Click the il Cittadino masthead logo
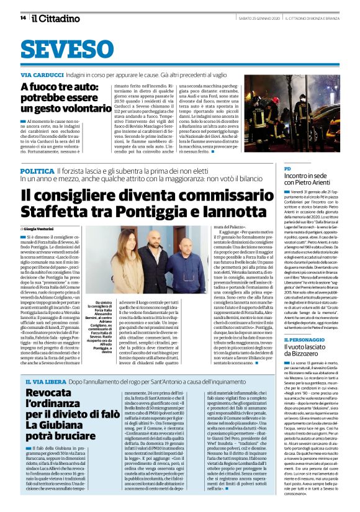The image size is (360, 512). [50, 17]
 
